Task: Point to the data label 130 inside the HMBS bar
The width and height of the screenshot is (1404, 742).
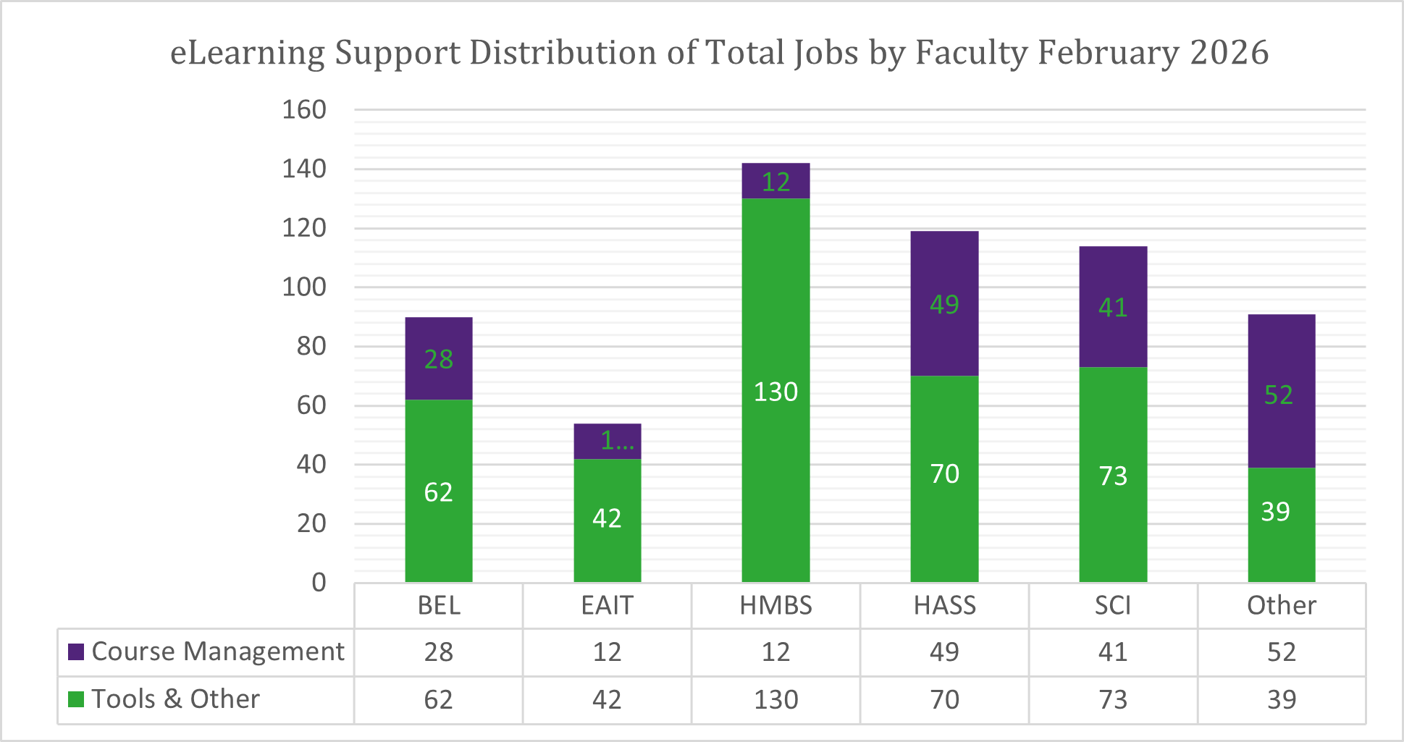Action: pos(775,392)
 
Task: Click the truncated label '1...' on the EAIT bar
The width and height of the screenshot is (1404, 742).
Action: pos(617,440)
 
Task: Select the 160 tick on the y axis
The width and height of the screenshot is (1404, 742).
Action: pos(304,110)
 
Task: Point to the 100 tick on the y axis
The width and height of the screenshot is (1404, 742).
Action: pos(304,287)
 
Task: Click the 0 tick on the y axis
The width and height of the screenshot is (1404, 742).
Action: pos(319,583)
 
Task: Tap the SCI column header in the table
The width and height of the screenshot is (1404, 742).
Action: pos(1112,605)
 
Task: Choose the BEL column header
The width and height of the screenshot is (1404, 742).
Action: pos(439,605)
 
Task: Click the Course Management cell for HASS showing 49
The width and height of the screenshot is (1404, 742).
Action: pos(944,652)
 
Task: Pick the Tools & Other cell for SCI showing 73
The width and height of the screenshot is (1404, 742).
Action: pos(1112,700)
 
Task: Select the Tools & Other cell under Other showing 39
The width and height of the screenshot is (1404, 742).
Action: pos(1281,700)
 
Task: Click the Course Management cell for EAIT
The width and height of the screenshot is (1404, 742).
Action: pos(607,652)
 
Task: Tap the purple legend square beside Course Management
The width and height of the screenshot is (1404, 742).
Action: pos(76,652)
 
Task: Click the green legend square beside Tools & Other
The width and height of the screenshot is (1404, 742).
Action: pos(76,699)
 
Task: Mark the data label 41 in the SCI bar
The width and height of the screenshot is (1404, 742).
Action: pos(1112,308)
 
